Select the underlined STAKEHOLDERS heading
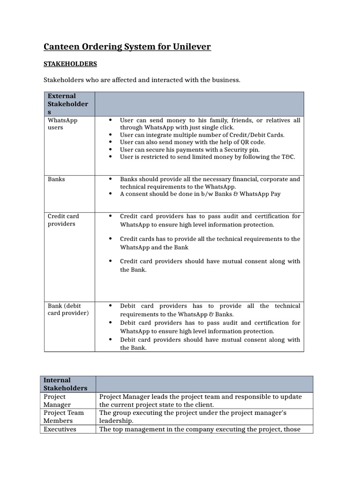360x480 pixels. click(x=70, y=63)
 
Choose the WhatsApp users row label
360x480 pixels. click(x=63, y=124)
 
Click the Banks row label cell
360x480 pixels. click(x=56, y=179)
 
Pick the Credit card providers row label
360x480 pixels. click(x=63, y=220)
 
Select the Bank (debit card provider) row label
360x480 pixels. click(x=68, y=309)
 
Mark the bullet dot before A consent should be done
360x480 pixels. click(x=110, y=194)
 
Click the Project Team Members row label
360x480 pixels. click(x=64, y=417)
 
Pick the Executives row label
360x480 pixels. click(x=60, y=429)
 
